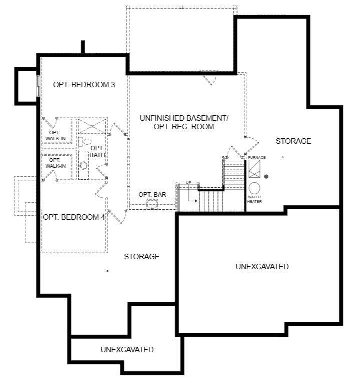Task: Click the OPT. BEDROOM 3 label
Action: (x=84, y=85)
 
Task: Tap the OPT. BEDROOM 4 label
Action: (x=74, y=217)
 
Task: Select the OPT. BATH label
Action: (x=97, y=151)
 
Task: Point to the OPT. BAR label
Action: (x=152, y=194)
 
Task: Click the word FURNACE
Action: (x=257, y=158)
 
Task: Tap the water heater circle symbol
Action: (x=254, y=188)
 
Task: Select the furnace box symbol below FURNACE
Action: (x=254, y=169)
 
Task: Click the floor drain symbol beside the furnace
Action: (x=267, y=176)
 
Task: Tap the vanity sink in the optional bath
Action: (x=83, y=166)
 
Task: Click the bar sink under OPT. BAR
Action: (x=152, y=203)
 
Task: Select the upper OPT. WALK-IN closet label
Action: (x=55, y=135)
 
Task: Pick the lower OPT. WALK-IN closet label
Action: (x=55, y=163)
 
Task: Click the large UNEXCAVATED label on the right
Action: (x=262, y=267)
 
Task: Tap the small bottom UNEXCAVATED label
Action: (x=127, y=350)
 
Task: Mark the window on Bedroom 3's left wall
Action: (x=38, y=86)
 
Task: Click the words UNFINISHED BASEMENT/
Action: (x=184, y=118)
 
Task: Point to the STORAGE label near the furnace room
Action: (x=293, y=141)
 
